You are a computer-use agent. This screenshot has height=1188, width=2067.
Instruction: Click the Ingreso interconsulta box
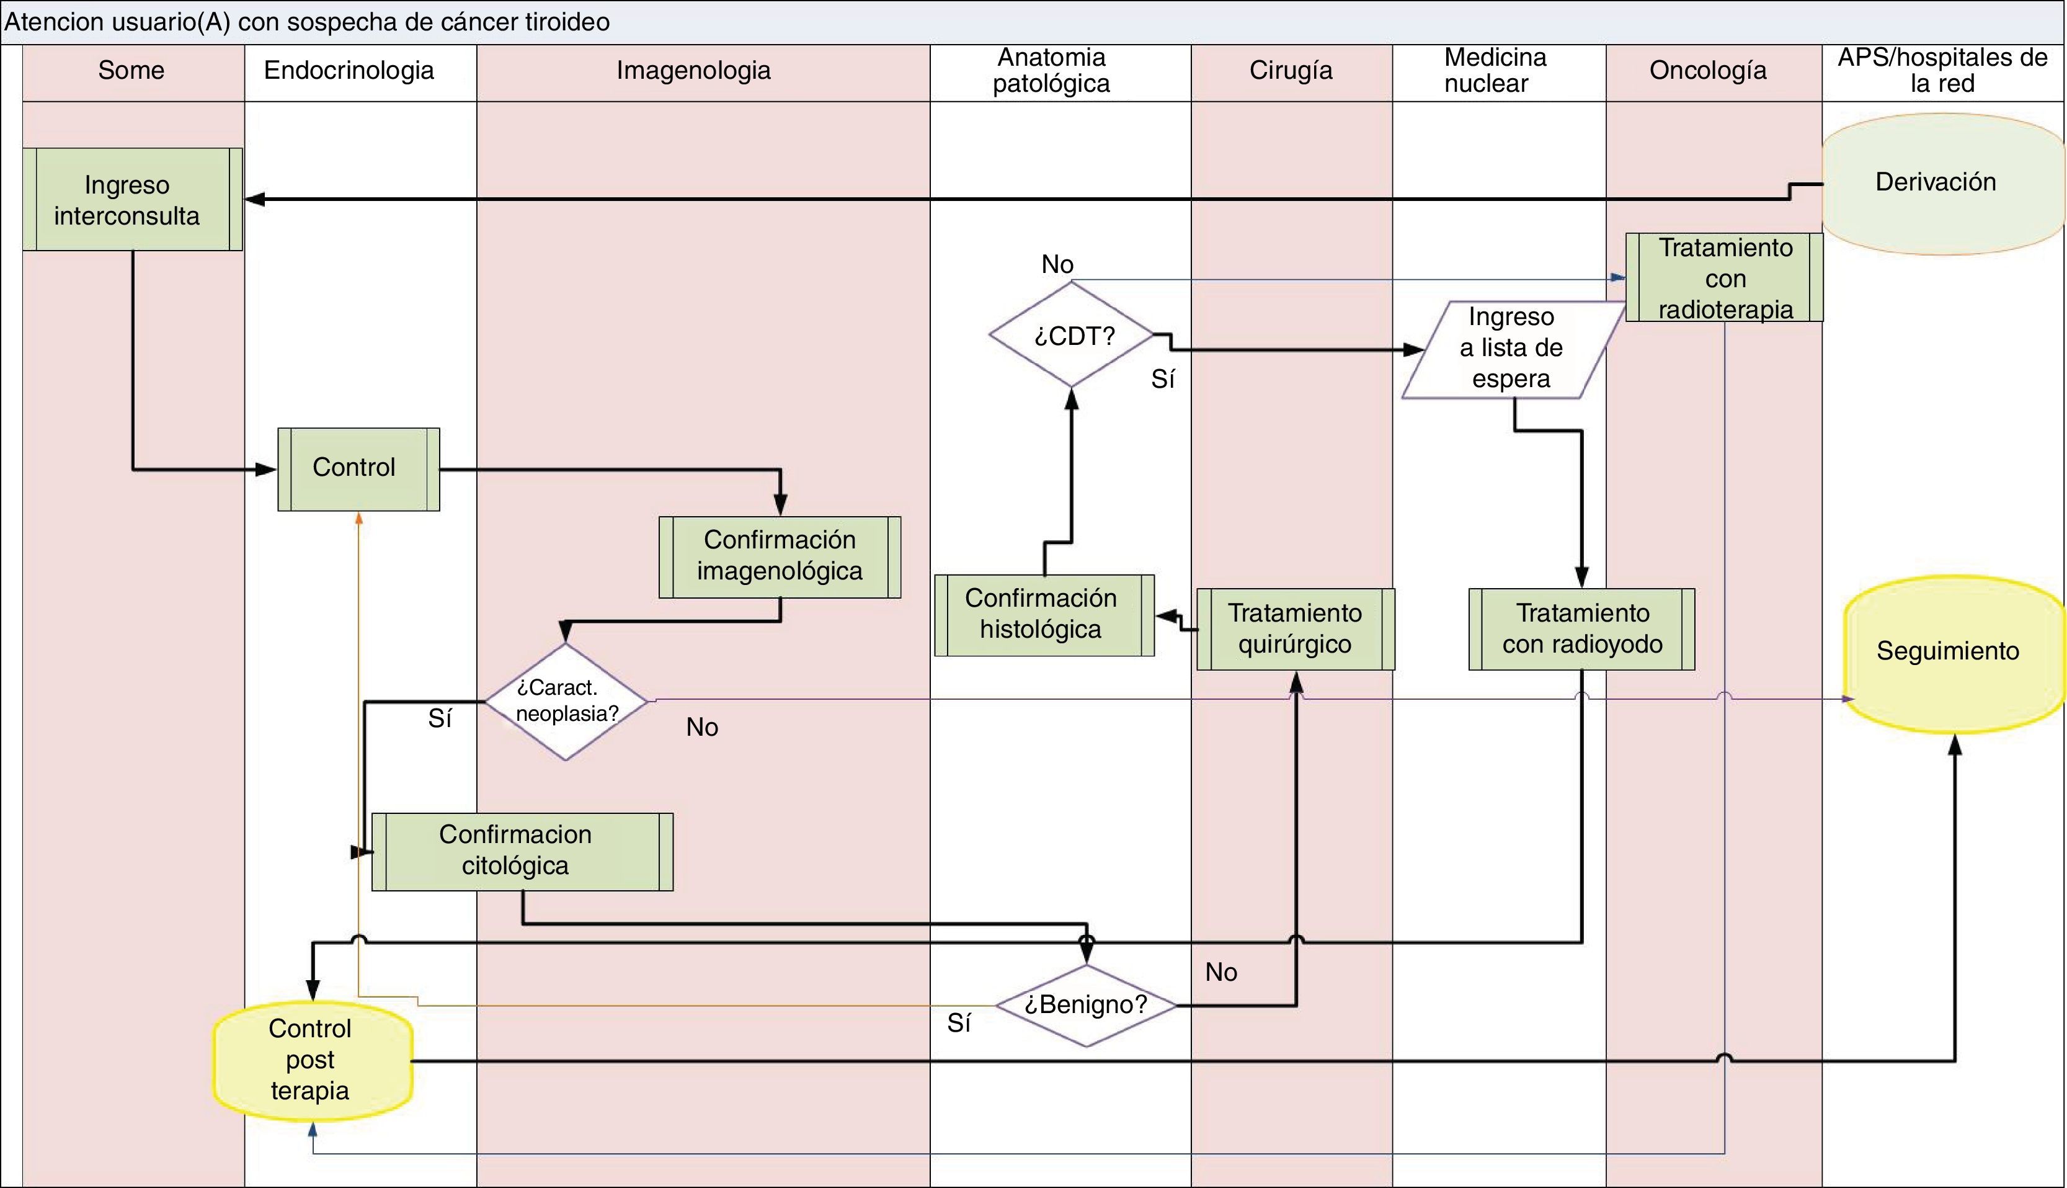(x=132, y=200)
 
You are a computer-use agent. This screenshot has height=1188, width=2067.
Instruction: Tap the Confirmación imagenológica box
(x=780, y=556)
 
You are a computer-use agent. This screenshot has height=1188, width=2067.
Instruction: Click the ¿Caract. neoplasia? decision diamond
(x=566, y=702)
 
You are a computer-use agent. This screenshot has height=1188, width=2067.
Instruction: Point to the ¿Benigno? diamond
(x=1087, y=1005)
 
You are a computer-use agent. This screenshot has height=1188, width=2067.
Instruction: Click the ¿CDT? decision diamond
(x=1072, y=334)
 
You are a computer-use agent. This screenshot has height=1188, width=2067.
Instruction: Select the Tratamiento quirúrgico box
(x=1296, y=629)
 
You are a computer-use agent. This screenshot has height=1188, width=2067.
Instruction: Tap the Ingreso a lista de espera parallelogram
(x=1511, y=349)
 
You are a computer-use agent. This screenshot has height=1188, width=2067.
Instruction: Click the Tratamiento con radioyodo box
(x=1581, y=629)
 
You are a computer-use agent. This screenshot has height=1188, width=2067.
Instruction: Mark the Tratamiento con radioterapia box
(x=1725, y=277)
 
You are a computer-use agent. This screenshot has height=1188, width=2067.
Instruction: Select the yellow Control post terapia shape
(x=311, y=1059)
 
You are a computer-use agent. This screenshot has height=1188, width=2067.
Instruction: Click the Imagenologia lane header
(x=693, y=71)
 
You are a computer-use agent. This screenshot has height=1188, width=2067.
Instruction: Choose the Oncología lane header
(x=1708, y=71)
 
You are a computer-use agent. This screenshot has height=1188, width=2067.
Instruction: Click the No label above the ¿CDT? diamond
(x=1058, y=264)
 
